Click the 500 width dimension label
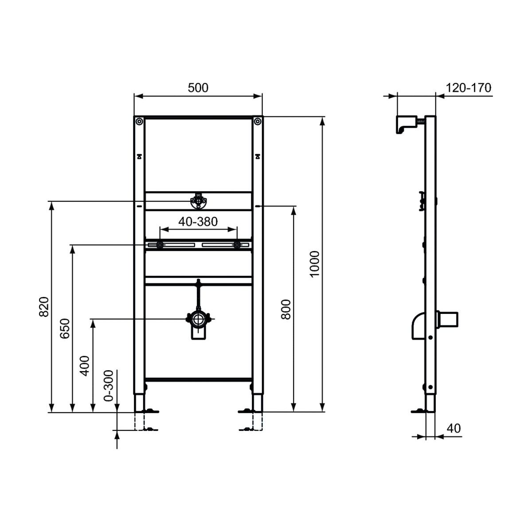pyautogui.click(x=198, y=88)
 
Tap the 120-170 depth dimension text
pyautogui.click(x=469, y=88)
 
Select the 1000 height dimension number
pyautogui.click(x=314, y=264)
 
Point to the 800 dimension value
pyautogui.click(x=286, y=309)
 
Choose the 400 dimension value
pyautogui.click(x=85, y=366)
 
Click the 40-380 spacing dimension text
pyautogui.click(x=198, y=221)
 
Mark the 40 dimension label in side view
pyautogui.click(x=454, y=428)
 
